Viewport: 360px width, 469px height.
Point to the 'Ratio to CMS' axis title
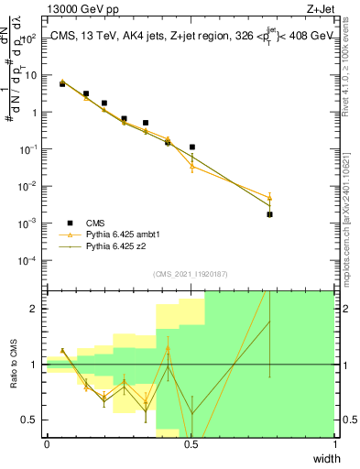(x=14, y=365)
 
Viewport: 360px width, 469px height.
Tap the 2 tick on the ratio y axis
(x=38, y=309)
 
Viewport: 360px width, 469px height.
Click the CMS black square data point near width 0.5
(x=192, y=147)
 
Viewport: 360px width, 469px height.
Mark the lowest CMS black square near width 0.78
(x=270, y=214)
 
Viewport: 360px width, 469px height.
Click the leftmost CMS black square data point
(x=62, y=83)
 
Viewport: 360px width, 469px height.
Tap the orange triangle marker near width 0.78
(x=270, y=197)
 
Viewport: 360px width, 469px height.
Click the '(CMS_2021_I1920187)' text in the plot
(x=191, y=274)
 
